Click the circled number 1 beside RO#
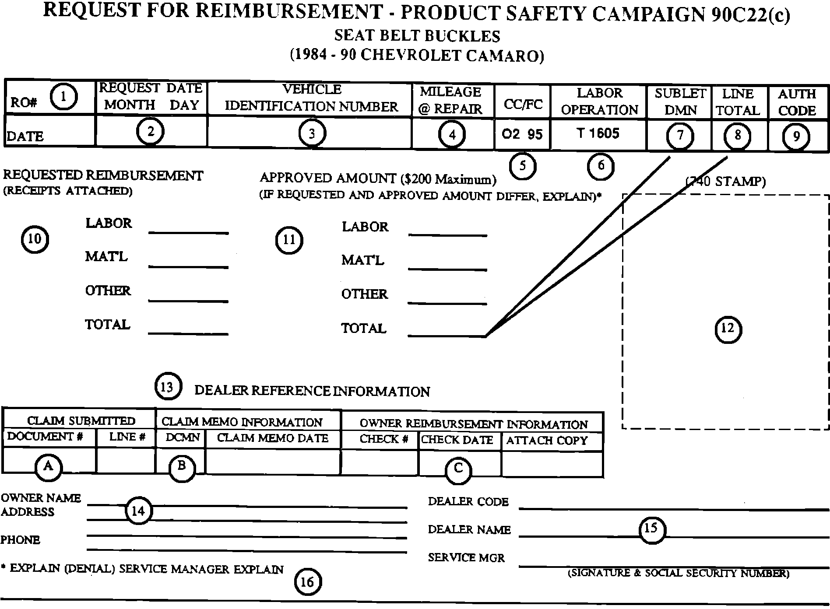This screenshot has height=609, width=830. [63, 97]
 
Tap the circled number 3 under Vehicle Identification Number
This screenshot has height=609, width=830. [312, 133]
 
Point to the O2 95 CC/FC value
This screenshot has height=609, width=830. [522, 134]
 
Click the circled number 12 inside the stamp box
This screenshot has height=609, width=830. [728, 329]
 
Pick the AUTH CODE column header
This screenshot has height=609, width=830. [797, 102]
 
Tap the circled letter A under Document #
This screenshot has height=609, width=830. [48, 466]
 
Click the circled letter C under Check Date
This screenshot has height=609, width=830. [458, 469]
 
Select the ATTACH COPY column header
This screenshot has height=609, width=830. [547, 441]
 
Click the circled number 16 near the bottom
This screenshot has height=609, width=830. [307, 582]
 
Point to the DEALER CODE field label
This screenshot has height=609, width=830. [468, 502]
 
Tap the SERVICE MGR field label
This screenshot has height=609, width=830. [466, 558]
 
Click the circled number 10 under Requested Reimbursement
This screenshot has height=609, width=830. [35, 239]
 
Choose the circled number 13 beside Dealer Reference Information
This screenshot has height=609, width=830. [167, 387]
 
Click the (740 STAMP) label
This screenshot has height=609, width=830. [725, 181]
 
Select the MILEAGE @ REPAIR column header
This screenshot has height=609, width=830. [450, 100]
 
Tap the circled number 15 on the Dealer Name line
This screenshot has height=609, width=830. [651, 528]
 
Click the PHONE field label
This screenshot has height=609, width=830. [20, 540]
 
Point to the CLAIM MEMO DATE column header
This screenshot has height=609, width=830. [272, 438]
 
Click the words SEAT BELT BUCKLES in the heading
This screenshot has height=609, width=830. [417, 36]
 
